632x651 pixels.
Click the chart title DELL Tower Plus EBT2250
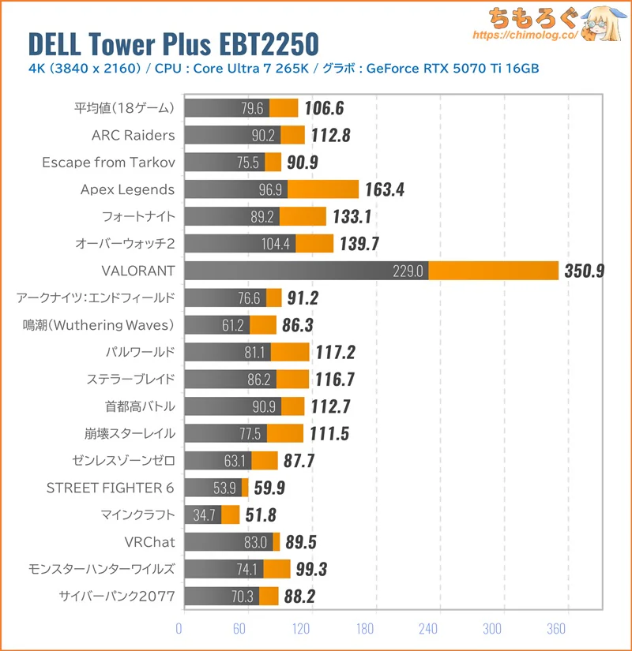174,43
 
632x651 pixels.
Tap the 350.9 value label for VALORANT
585,271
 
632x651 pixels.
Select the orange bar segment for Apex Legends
322,189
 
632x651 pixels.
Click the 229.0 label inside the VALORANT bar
408,271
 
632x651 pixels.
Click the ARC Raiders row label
133,135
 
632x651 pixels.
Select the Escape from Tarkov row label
108,162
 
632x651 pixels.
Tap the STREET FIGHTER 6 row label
110,488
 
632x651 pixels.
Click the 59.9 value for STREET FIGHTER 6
269,488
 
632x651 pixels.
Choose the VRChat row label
149,542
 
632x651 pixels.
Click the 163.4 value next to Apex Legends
385,189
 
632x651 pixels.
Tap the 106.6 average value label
325,108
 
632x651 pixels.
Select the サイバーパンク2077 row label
117,596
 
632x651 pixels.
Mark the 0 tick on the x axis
179,629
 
